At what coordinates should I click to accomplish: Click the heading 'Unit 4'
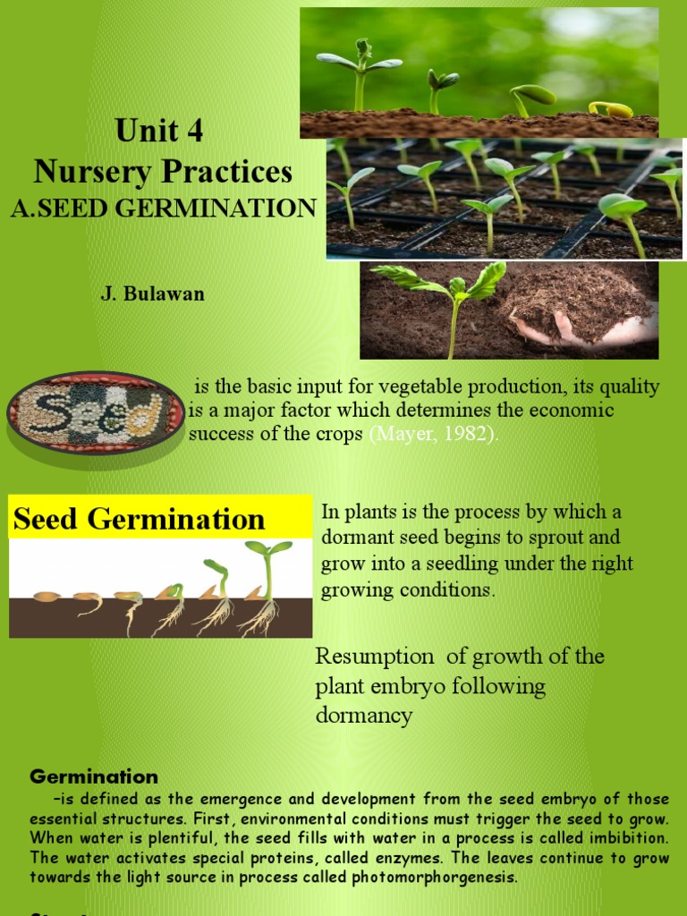coord(159,131)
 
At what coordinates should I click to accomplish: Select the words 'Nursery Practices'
coord(163,171)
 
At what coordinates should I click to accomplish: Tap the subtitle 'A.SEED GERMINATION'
coord(164,208)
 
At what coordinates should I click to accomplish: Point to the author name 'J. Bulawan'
coord(153,293)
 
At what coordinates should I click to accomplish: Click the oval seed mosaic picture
coord(96,412)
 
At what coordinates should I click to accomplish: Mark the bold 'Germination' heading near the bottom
coord(94,776)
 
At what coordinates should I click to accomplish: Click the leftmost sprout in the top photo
coord(360,72)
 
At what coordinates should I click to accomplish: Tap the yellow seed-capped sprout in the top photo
coord(610,110)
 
